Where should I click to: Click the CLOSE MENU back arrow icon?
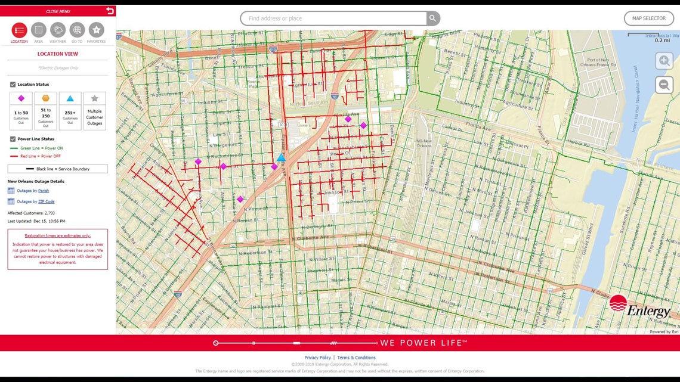109,11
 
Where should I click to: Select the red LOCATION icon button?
19,30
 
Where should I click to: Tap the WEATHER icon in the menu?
58,30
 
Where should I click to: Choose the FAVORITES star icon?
96,30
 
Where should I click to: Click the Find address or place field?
334,18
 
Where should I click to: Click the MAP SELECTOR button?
648,18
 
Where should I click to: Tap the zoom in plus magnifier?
664,61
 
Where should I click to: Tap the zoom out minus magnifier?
664,85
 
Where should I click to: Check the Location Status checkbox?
13,85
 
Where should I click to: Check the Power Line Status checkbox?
13,139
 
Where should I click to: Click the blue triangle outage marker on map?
281,158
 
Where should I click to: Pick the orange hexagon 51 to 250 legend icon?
45,98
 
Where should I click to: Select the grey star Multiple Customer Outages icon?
94,98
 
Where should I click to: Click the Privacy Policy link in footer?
317,358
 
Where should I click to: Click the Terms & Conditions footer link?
356,358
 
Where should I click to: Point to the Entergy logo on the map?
639,308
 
